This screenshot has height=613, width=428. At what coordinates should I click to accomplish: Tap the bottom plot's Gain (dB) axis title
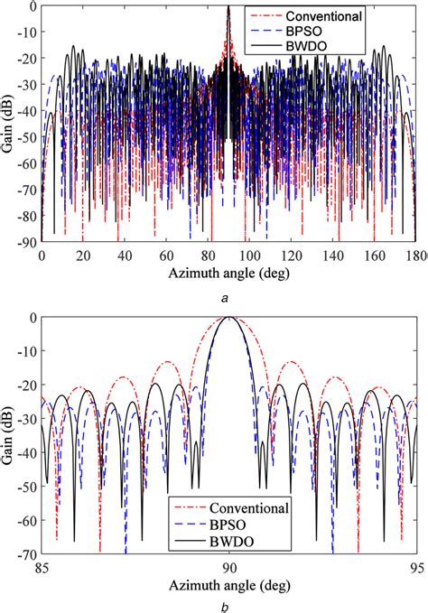coord(8,434)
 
